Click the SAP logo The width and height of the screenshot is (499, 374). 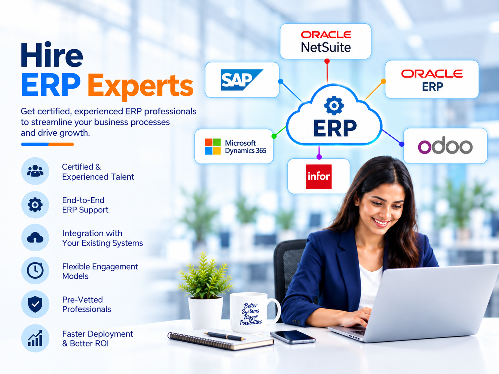click(242, 80)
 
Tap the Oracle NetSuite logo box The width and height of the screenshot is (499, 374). click(326, 41)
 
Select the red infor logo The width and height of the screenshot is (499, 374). click(318, 176)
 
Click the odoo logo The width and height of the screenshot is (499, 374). click(445, 145)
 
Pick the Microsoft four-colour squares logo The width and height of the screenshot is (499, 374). click(213, 146)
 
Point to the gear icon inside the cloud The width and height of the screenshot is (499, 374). click(334, 105)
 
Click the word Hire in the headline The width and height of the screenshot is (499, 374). click(52, 54)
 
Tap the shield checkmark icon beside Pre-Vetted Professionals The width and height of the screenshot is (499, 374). click(35, 304)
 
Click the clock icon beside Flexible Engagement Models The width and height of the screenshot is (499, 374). click(35, 270)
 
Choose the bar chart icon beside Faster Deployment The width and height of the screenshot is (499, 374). click(35, 338)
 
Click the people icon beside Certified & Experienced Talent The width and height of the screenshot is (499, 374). click(35, 171)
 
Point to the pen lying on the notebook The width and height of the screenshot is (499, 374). click(224, 336)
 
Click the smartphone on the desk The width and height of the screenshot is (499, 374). click(293, 337)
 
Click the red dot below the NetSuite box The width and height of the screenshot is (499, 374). click(327, 61)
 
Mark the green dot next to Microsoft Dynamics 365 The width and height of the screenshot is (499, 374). click(274, 136)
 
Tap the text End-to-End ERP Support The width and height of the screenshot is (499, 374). click(85, 205)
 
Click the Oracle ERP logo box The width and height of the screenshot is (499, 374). click(432, 79)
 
